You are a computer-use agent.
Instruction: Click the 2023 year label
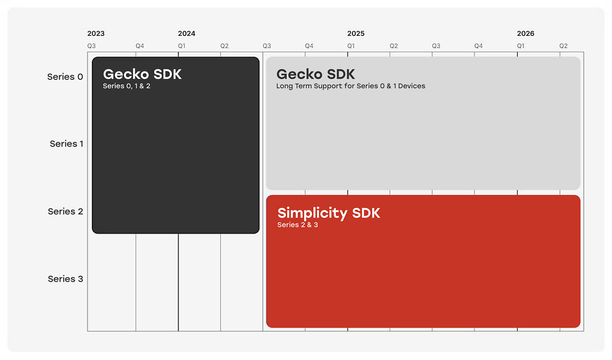coord(96,33)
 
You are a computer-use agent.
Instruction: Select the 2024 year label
coord(186,33)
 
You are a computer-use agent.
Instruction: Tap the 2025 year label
coord(356,33)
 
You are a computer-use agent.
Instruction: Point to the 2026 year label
coord(525,33)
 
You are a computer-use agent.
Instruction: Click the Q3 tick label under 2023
coord(91,46)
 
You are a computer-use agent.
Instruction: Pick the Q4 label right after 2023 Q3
coord(140,46)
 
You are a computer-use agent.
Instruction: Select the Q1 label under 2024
coord(182,46)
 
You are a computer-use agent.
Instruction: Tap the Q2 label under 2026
coord(563,46)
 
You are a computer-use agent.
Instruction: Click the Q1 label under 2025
coord(351,46)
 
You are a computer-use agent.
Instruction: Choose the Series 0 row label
coord(65,77)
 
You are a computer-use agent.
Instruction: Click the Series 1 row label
coord(66,144)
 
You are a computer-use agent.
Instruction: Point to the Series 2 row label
coord(66,211)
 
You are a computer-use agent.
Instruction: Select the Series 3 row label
coord(66,279)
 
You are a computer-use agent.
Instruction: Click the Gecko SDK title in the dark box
coord(142,74)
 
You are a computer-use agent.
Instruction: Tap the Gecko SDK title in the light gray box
coord(316,74)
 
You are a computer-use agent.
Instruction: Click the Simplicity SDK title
coord(328,213)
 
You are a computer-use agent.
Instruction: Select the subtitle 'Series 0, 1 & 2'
coord(127,86)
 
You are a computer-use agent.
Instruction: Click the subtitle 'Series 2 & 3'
coord(297,225)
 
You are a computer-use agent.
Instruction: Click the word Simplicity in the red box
coord(312,213)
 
